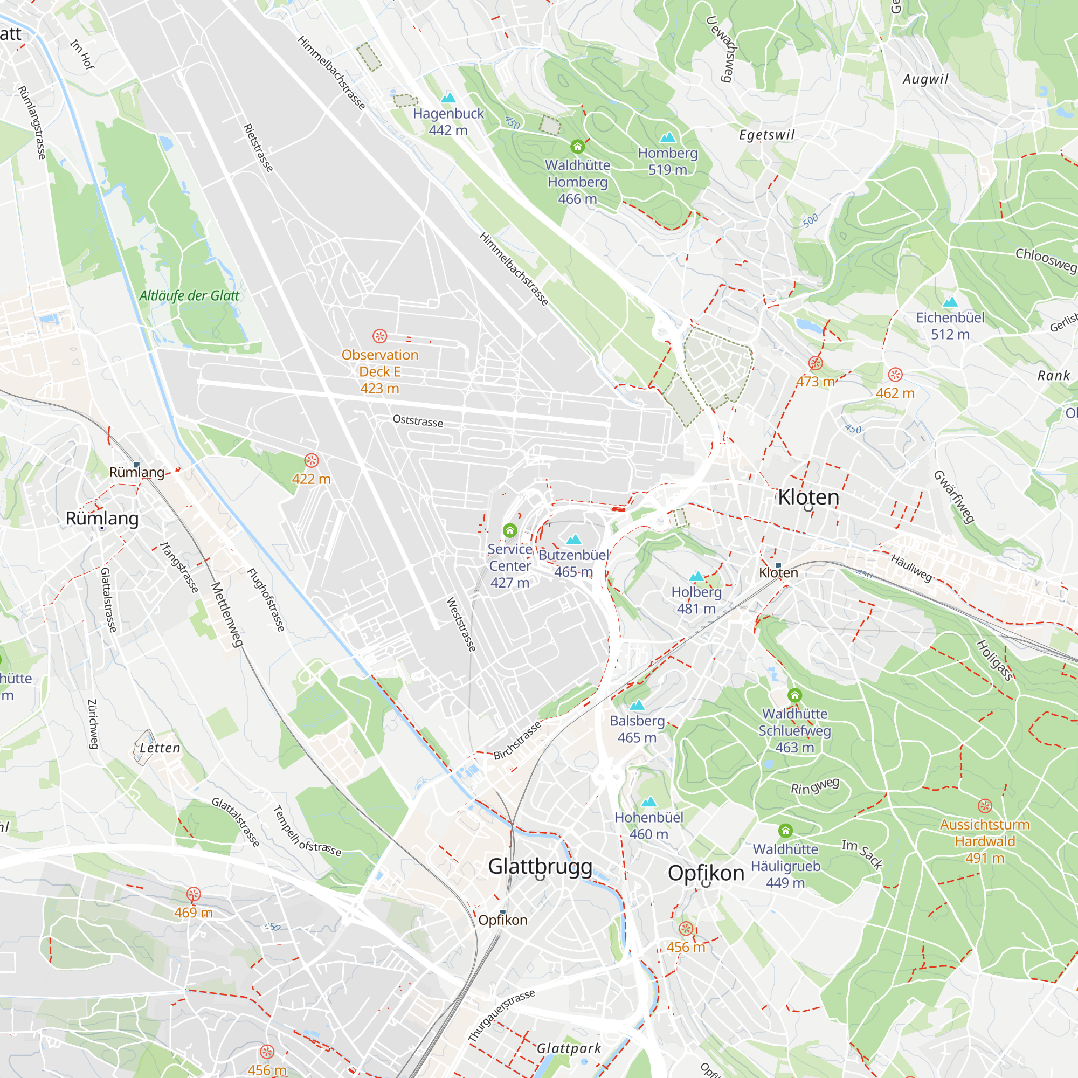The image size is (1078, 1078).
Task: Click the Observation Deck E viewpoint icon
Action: tap(379, 336)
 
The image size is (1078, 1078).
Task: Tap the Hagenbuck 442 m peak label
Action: tap(448, 122)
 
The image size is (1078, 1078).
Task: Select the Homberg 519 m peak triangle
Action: tap(667, 137)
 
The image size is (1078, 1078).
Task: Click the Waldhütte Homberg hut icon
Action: tap(577, 147)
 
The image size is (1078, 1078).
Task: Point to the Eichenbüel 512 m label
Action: tap(950, 326)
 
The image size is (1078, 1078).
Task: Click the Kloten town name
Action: tap(808, 496)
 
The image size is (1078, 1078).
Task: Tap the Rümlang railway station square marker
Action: tap(137, 464)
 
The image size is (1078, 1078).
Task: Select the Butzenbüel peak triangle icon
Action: tap(573, 540)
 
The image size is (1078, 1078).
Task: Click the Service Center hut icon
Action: tap(509, 530)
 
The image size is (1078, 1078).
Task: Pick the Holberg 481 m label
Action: tap(696, 600)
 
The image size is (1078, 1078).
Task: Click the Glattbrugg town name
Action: tap(540, 866)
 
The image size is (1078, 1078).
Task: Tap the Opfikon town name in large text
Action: tap(706, 873)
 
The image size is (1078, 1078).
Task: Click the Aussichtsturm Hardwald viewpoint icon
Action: tap(985, 806)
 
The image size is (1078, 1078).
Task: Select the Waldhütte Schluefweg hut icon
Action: tap(794, 695)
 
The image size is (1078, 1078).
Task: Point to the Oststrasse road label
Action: tap(418, 421)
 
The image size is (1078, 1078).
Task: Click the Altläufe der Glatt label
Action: tap(189, 296)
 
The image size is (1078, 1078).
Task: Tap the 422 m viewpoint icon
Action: tap(312, 460)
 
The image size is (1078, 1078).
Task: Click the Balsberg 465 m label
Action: tap(637, 729)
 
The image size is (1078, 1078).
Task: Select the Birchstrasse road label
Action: tap(517, 741)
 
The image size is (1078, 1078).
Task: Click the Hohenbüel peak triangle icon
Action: tap(648, 802)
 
